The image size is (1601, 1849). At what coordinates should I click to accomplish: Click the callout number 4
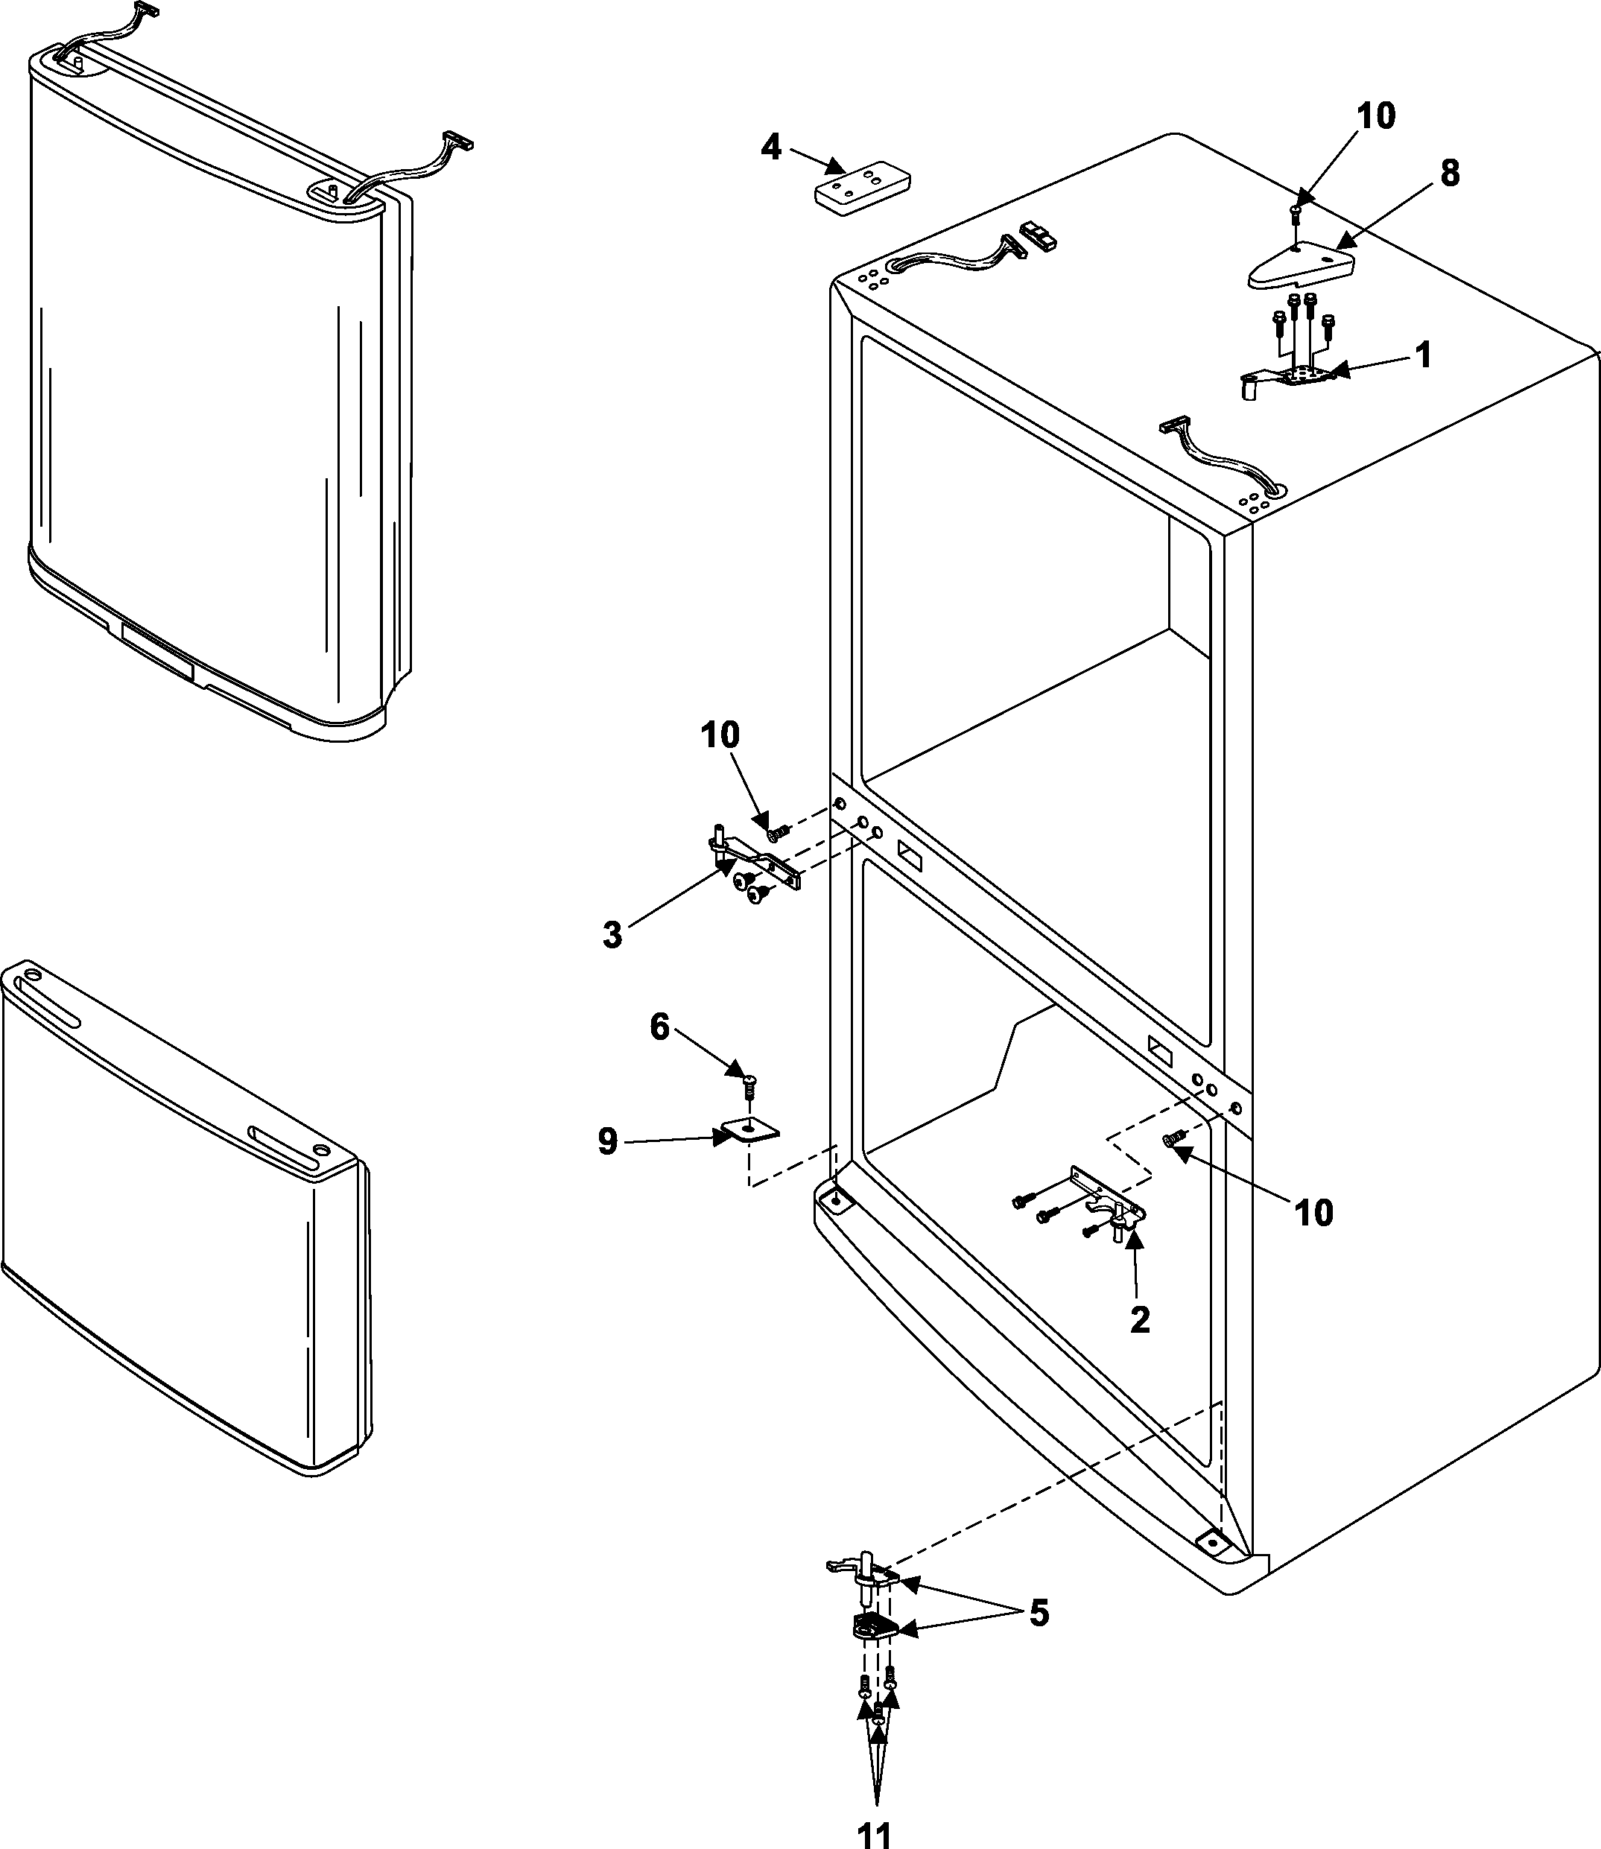[771, 147]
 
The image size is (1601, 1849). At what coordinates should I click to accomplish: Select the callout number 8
[1449, 174]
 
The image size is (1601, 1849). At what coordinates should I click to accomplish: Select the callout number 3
[611, 935]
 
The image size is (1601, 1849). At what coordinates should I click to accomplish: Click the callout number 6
[659, 1027]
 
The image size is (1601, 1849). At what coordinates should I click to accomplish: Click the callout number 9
[607, 1141]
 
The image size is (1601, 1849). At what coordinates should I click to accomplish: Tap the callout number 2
[1140, 1319]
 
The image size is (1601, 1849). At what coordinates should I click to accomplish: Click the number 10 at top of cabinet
[1376, 116]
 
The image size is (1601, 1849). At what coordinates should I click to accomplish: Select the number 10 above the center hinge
[720, 735]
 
